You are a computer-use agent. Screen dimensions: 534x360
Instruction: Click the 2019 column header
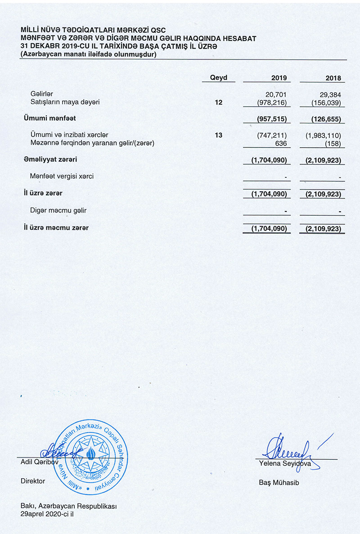click(x=279, y=78)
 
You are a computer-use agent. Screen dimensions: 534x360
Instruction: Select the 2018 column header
click(x=333, y=78)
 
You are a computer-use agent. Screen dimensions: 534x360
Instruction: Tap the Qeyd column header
click(x=219, y=77)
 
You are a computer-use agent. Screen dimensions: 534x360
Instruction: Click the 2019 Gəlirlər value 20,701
click(x=277, y=94)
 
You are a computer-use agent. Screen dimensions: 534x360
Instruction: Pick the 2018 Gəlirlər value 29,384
click(x=331, y=94)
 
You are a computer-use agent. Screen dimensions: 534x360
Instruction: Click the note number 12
click(x=219, y=102)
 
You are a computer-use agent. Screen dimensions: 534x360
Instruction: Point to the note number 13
click(x=219, y=135)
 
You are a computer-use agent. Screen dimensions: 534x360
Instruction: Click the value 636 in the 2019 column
click(x=281, y=143)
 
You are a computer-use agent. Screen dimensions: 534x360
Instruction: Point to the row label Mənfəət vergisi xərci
click(x=62, y=176)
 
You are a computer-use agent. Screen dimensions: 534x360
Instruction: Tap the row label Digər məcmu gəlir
click(x=58, y=210)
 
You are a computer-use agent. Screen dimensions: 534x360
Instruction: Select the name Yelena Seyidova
click(x=285, y=463)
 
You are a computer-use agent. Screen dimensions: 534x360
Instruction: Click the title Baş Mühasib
click(x=279, y=483)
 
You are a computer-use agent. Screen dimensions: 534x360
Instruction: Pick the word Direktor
click(x=33, y=481)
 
